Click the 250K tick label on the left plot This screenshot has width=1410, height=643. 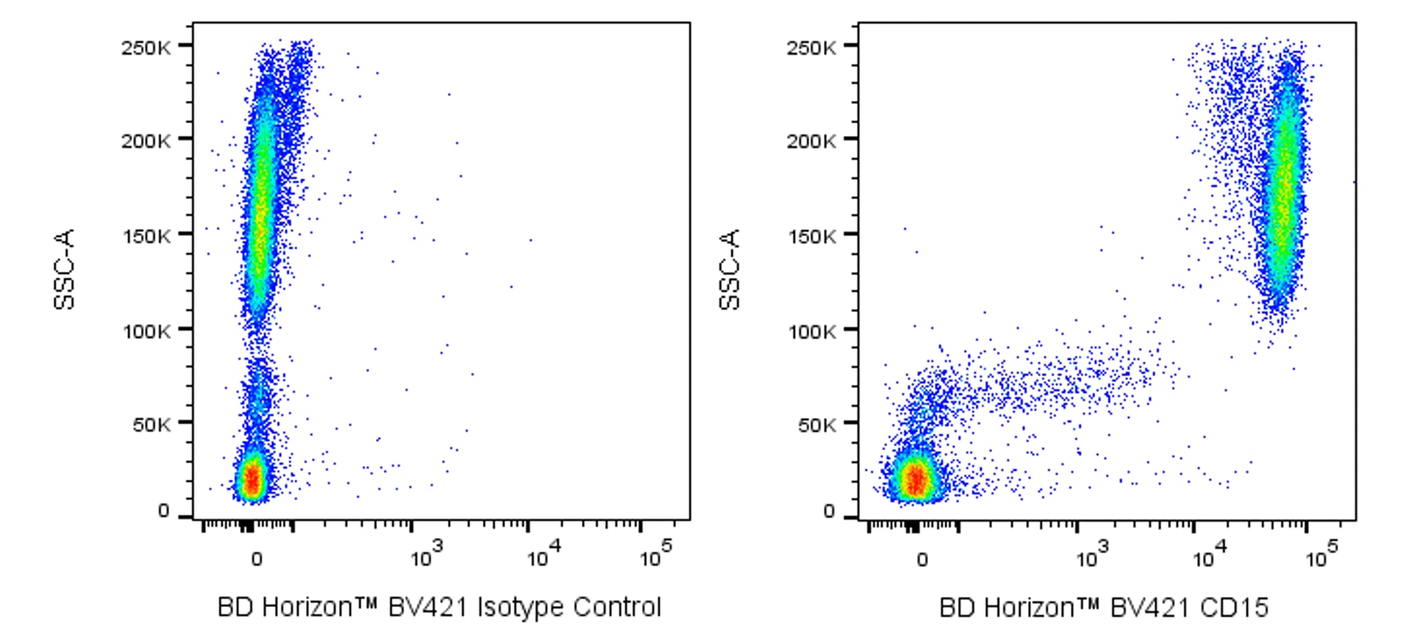pos(145,47)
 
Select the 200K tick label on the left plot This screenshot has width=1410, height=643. pos(145,141)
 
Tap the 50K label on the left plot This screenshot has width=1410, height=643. pos(150,425)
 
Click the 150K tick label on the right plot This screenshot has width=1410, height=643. pos(811,236)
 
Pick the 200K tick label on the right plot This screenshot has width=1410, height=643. pos(811,141)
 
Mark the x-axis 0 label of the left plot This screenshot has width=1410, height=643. pos(256,560)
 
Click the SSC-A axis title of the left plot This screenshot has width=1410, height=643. pos(65,268)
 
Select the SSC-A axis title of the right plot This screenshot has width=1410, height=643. pos(730,268)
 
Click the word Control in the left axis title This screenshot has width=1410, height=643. pos(617,608)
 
